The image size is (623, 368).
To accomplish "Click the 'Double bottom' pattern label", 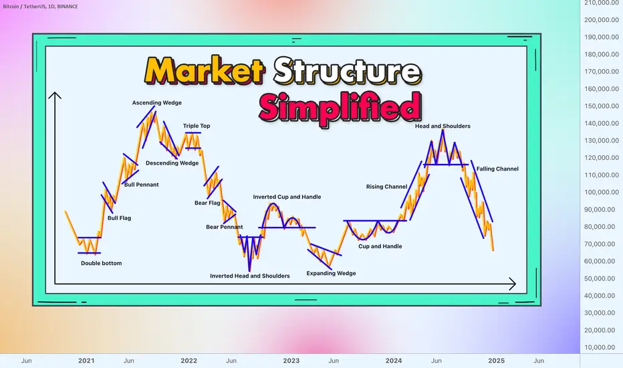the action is click(x=102, y=263).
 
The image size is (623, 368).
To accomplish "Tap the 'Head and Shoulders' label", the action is click(x=443, y=126).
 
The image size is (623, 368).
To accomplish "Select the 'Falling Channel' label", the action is click(x=497, y=169).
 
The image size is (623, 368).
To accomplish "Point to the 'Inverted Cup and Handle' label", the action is click(x=287, y=197).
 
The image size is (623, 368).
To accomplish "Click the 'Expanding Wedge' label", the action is click(x=331, y=273).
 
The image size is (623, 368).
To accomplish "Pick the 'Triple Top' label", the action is click(x=197, y=126).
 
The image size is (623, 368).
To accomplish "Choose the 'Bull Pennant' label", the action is click(x=142, y=185).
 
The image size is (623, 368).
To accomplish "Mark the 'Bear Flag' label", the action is click(x=207, y=203).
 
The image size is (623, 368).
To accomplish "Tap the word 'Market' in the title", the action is click(x=205, y=70).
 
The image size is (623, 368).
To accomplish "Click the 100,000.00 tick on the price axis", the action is click(x=602, y=192).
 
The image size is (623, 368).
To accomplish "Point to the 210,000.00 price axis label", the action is click(x=602, y=3).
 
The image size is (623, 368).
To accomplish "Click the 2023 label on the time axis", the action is click(x=291, y=361).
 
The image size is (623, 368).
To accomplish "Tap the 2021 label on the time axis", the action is click(x=86, y=361).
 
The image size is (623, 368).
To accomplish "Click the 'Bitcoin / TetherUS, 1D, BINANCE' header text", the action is click(x=41, y=7).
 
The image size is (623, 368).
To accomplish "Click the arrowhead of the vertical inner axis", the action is click(x=55, y=95).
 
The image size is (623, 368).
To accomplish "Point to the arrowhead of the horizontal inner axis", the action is click(x=513, y=284).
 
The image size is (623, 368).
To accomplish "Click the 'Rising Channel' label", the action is click(x=386, y=187).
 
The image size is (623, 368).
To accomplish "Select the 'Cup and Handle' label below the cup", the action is click(x=380, y=246).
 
